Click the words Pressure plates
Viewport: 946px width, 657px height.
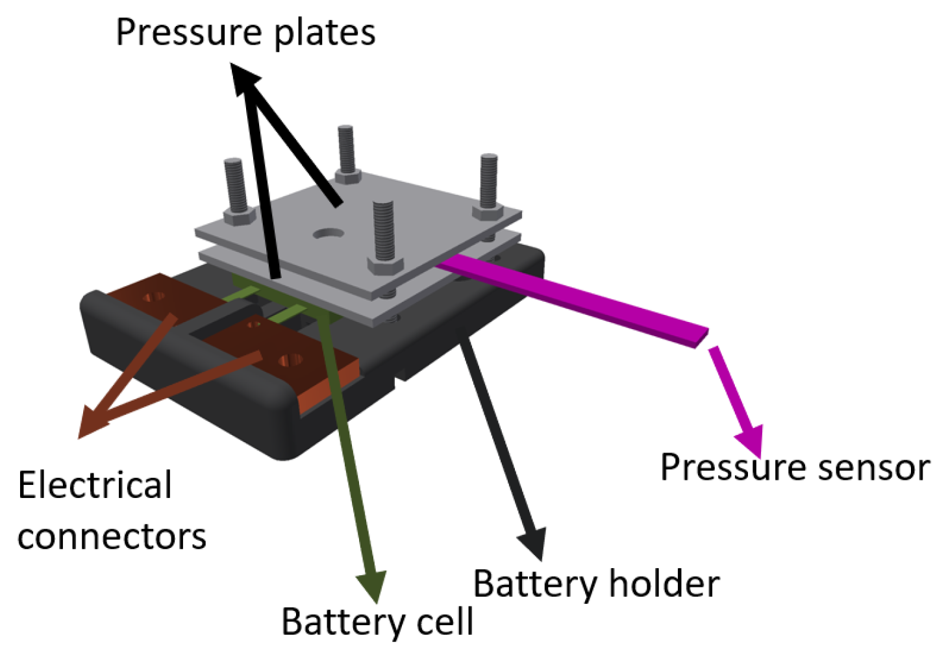pyautogui.click(x=245, y=32)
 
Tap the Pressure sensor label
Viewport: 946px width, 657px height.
pyautogui.click(x=795, y=467)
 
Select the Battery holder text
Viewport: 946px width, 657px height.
pyautogui.click(x=596, y=583)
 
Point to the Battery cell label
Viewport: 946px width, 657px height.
pyautogui.click(x=377, y=621)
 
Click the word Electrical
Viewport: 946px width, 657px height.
pyautogui.click(x=95, y=486)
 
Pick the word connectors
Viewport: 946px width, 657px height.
pyautogui.click(x=112, y=537)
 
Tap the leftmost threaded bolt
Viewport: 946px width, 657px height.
pyautogui.click(x=234, y=185)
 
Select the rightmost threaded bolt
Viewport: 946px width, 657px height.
pyautogui.click(x=488, y=180)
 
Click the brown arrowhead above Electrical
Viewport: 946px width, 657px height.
pyautogui.click(x=91, y=422)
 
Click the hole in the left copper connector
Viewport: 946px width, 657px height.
pyautogui.click(x=154, y=297)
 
